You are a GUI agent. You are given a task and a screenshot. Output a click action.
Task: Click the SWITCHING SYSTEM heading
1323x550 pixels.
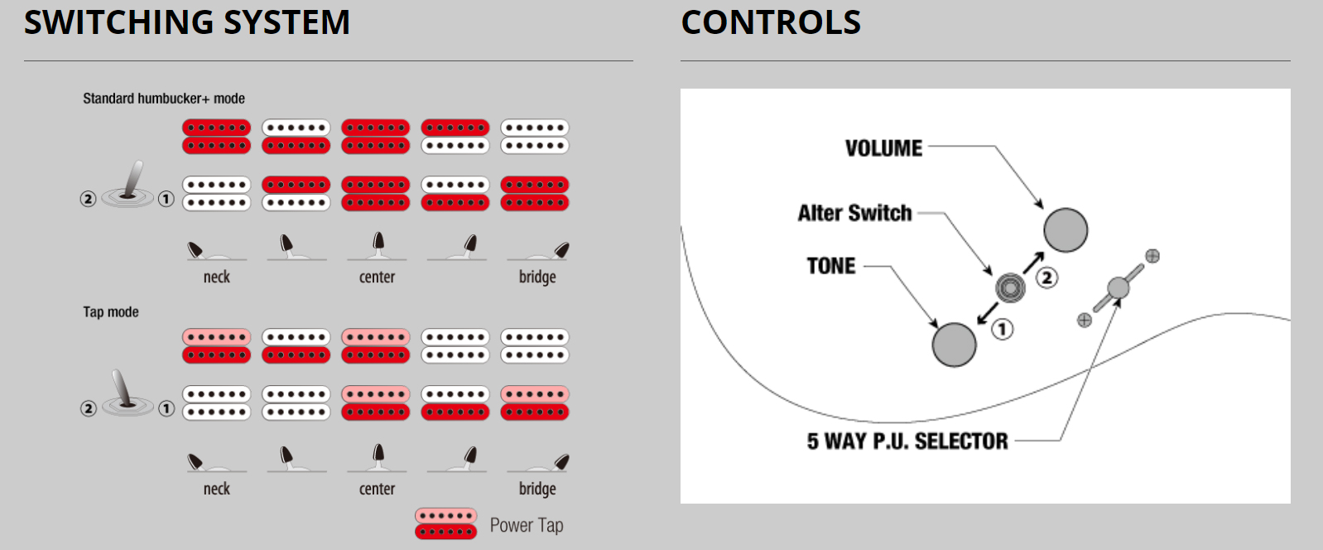(187, 22)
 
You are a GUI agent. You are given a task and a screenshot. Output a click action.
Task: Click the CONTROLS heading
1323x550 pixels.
(771, 22)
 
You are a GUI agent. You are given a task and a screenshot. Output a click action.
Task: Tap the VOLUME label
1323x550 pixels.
(883, 148)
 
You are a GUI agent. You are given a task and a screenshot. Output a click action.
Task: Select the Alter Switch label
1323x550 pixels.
(854, 213)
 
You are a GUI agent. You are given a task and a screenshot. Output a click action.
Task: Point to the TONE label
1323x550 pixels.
(831, 266)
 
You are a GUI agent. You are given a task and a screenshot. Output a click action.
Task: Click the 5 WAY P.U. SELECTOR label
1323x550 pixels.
(907, 441)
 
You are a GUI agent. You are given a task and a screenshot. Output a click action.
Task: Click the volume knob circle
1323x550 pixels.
(1066, 230)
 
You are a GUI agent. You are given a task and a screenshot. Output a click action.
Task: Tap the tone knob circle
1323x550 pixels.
(955, 345)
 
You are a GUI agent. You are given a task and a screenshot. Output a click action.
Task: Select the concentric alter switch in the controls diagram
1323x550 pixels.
(1010, 288)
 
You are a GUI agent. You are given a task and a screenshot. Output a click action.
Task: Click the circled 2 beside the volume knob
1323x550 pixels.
(1047, 277)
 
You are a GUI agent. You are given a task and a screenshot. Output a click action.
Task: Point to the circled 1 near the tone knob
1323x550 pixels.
(1003, 330)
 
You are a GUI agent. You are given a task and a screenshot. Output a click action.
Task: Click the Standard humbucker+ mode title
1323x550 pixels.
(164, 99)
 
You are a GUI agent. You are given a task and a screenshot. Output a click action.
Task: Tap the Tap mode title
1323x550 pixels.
(111, 312)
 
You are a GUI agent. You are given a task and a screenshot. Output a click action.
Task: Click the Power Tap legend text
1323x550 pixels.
(527, 525)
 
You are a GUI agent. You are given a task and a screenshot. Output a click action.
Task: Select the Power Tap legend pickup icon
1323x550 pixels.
(445, 523)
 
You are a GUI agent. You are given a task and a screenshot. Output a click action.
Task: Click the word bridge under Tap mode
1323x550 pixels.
(537, 489)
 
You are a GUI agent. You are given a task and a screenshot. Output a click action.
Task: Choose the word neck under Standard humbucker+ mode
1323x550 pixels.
(217, 277)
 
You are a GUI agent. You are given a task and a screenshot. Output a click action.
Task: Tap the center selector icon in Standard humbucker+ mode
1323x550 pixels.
(378, 245)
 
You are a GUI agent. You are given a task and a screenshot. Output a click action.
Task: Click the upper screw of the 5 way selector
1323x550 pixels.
(1152, 256)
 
